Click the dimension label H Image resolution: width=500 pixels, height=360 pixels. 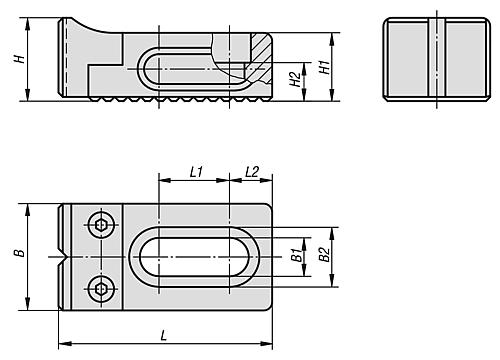20,59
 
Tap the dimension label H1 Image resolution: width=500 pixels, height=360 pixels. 325,67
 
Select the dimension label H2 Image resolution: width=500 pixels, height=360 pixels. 295,79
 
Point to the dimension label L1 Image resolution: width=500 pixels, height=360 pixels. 196,172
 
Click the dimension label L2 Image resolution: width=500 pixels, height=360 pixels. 252,172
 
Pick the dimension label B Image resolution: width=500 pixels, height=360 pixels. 20,253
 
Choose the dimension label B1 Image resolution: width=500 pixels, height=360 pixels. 297,255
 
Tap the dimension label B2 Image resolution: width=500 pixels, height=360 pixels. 325,254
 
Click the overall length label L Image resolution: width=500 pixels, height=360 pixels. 164,335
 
